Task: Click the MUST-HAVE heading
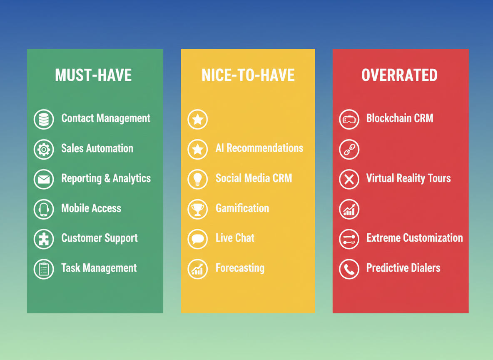click(x=93, y=75)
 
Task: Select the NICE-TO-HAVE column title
click(x=248, y=75)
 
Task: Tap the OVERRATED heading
click(x=399, y=75)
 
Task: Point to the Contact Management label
click(x=106, y=118)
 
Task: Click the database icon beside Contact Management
click(x=44, y=119)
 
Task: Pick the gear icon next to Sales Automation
click(x=44, y=149)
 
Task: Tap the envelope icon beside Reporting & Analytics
click(x=44, y=179)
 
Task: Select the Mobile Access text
click(x=91, y=208)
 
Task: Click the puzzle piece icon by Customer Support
click(x=44, y=239)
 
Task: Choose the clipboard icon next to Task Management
click(x=44, y=269)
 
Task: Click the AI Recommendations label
click(x=259, y=148)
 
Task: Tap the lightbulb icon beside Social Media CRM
click(x=197, y=179)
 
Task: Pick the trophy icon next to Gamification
click(x=197, y=209)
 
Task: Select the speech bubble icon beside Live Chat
click(x=197, y=239)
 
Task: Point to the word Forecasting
click(x=240, y=268)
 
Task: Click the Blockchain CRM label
click(x=399, y=118)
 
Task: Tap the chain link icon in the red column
click(x=349, y=149)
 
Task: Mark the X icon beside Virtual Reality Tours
click(x=349, y=179)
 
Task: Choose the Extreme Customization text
click(x=414, y=238)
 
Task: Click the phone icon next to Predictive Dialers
click(x=349, y=269)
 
